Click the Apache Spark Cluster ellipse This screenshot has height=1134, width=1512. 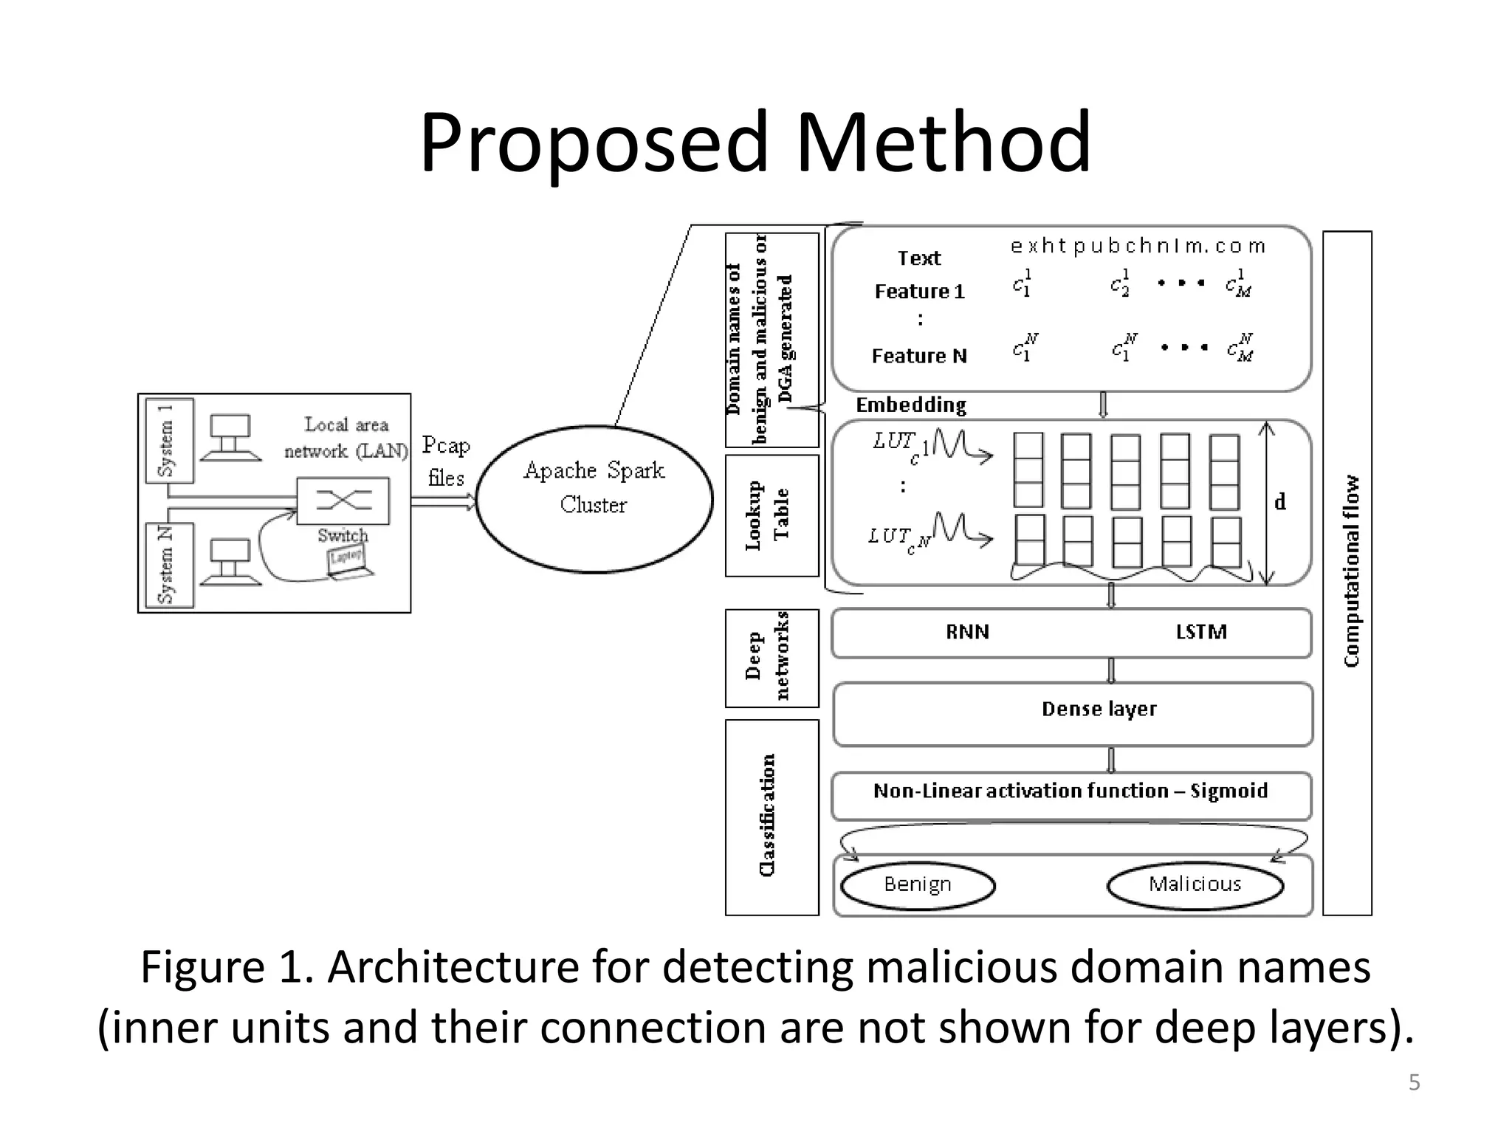tap(594, 498)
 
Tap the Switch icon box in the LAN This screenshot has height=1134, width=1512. tap(343, 501)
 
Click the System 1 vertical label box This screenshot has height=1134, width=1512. tap(170, 441)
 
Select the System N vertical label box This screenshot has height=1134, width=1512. tap(170, 565)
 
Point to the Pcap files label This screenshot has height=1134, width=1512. tap(446, 461)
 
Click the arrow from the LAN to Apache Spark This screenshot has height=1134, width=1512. tap(443, 502)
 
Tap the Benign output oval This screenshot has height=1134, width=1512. tap(918, 884)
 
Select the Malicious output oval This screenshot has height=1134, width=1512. tap(1195, 884)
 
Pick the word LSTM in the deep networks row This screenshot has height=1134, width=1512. tap(1201, 632)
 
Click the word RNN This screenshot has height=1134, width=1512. tap(967, 632)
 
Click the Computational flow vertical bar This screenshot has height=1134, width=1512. tap(1347, 572)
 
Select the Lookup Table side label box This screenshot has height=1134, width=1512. tap(772, 515)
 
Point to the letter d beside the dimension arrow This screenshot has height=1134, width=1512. tap(1280, 502)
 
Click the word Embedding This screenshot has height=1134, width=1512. tap(911, 405)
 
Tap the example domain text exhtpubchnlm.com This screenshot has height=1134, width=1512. tap(1138, 247)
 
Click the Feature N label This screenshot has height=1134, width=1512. tap(919, 357)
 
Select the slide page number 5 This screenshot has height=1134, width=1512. tap(1414, 1083)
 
